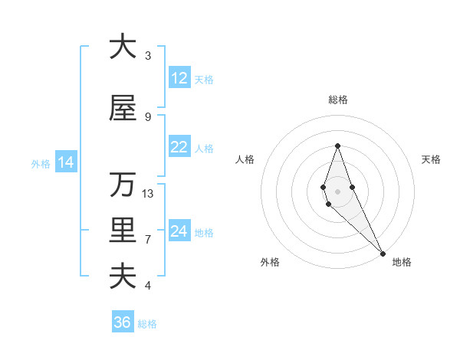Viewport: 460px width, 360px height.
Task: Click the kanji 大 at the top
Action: [x=122, y=47]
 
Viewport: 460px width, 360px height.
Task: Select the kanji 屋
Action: [x=122, y=109]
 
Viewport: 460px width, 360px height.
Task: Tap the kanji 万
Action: [x=122, y=185]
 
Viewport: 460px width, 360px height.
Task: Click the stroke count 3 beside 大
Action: [x=148, y=56]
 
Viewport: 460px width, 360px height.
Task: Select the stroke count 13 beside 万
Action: [x=149, y=194]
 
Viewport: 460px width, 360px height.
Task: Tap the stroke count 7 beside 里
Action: [x=148, y=240]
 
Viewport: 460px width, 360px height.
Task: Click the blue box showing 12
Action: [x=179, y=78]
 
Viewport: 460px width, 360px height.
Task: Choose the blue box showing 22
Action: [x=179, y=147]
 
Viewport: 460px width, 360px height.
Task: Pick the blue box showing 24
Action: [x=179, y=231]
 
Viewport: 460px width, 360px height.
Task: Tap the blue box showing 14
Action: [x=65, y=162]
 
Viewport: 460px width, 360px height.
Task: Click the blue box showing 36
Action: [x=122, y=322]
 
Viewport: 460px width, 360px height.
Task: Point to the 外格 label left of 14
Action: [x=41, y=163]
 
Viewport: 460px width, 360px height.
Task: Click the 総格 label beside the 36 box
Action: [x=148, y=324]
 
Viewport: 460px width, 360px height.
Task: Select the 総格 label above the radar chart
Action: [x=337, y=100]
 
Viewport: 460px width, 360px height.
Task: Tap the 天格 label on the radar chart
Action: [x=431, y=159]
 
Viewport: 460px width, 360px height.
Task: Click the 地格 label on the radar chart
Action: [x=402, y=262]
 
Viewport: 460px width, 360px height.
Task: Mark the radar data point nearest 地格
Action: [x=383, y=253]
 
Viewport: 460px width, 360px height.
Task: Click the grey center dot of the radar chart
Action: [x=337, y=191]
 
